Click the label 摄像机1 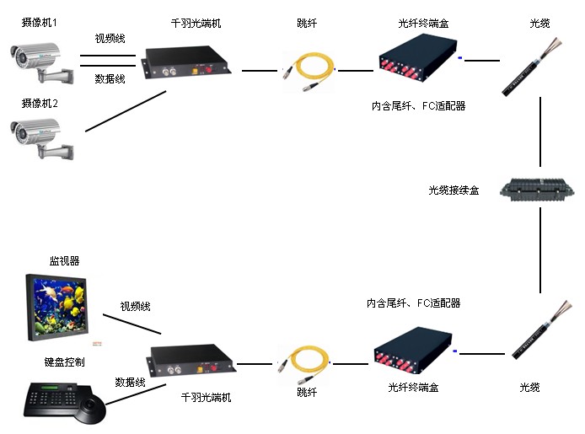(39, 23)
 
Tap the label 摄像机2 (39, 103)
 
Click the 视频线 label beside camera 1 (110, 38)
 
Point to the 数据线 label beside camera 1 (110, 78)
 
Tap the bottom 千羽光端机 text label (206, 396)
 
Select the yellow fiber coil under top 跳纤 (309, 68)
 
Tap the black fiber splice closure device (536, 190)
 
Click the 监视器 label (64, 261)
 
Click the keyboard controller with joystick (64, 403)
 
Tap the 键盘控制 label (64, 362)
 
